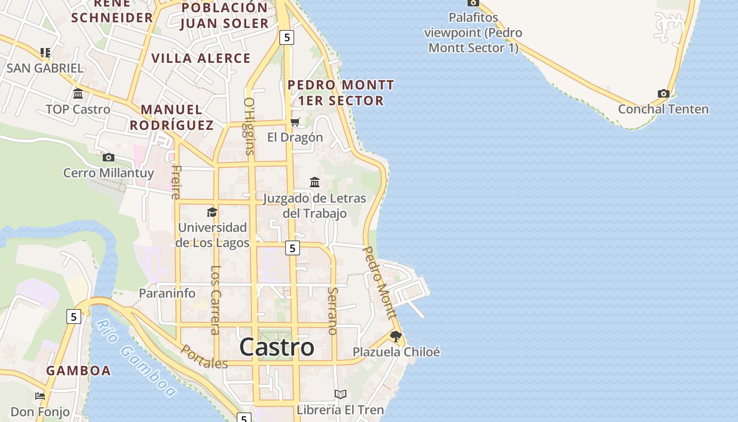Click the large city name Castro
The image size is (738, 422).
coord(277,347)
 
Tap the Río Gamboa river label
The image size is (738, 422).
coord(137,359)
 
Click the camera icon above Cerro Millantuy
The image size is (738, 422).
coord(109,157)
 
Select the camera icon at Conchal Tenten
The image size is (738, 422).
coord(663,94)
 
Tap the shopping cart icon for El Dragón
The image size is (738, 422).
coord(295,122)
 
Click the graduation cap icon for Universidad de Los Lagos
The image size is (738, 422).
coord(212,212)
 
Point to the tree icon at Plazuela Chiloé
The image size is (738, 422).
coord(395,336)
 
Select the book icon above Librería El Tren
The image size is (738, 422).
coord(341,394)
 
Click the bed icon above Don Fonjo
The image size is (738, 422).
coord(40,396)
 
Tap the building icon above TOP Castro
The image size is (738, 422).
coord(78,94)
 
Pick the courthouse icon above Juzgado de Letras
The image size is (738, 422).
coord(315,182)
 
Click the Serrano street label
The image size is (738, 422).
coord(332,311)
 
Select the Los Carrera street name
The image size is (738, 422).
coord(215,300)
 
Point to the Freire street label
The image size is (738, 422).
coord(176,182)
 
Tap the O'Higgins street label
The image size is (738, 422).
coord(249,126)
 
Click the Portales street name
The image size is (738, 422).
coord(205,357)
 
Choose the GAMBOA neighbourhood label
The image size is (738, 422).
coord(79,370)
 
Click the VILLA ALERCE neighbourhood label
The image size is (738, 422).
coord(201,58)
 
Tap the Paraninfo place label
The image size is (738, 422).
coord(167,293)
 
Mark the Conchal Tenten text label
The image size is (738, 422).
coord(663,110)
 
